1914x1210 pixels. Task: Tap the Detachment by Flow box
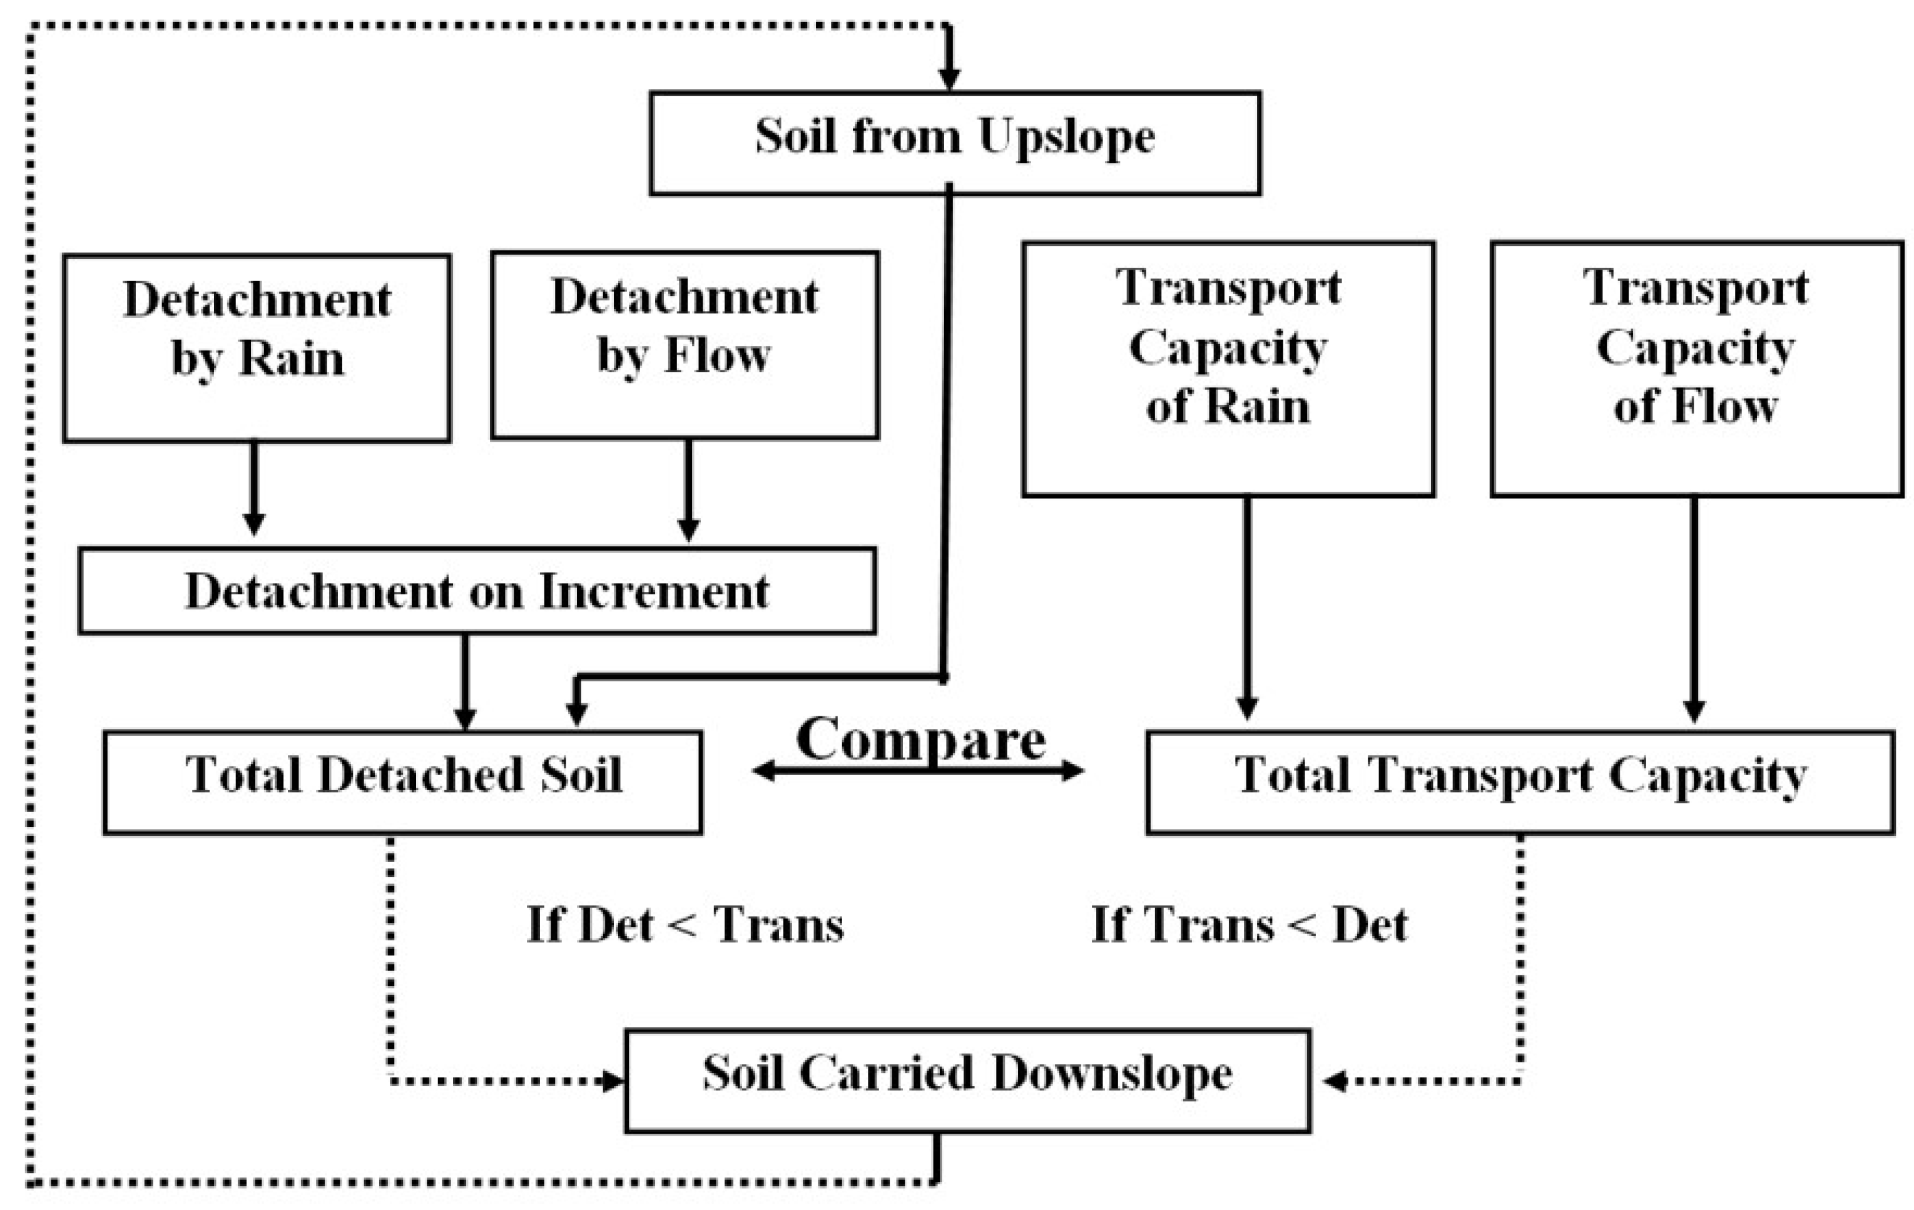click(x=685, y=345)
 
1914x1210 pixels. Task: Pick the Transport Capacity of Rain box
click(x=1228, y=369)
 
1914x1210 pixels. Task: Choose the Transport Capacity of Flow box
click(x=1696, y=369)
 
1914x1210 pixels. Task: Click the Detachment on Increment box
click(x=477, y=591)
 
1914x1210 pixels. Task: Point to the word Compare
click(x=920, y=740)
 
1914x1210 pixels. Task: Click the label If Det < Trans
click(x=685, y=925)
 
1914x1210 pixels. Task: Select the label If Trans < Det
click(x=1249, y=925)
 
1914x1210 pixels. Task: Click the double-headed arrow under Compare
click(x=918, y=770)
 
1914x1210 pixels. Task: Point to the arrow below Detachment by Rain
click(x=253, y=488)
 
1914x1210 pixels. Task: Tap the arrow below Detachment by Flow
click(x=688, y=491)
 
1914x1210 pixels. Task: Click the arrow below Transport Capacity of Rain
click(x=1247, y=608)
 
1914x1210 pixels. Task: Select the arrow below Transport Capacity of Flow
click(x=1694, y=610)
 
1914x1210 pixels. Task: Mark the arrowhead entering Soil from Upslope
click(x=949, y=79)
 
